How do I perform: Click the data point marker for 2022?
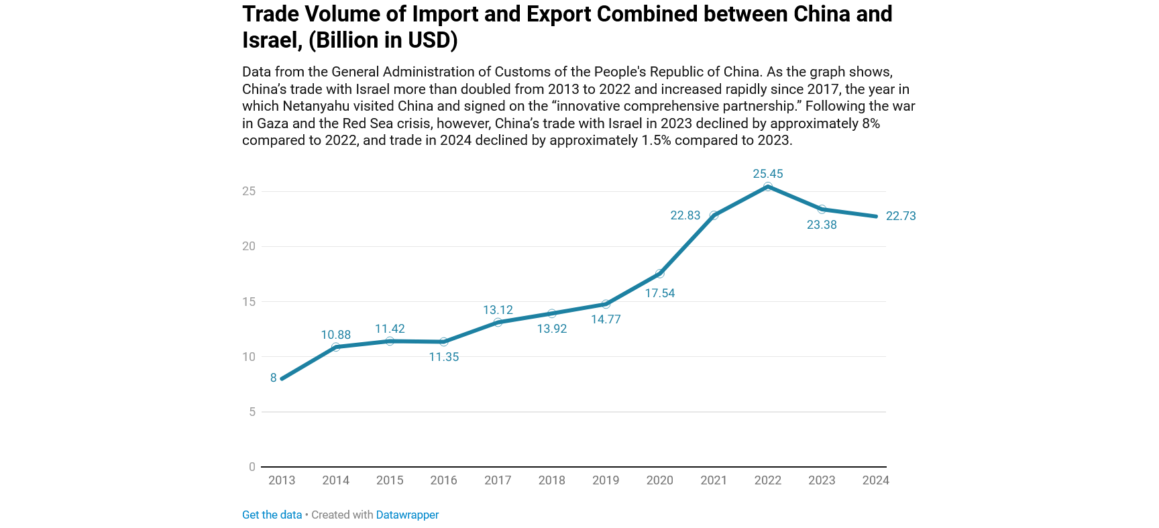click(x=768, y=187)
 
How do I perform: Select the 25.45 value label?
click(x=768, y=174)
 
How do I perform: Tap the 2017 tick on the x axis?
click(x=498, y=480)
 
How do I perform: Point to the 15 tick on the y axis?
click(x=249, y=302)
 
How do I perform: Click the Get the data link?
click(x=272, y=515)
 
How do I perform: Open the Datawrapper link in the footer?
click(x=407, y=515)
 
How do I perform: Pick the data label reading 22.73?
click(x=901, y=216)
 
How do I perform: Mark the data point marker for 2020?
click(x=660, y=273)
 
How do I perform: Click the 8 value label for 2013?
click(x=274, y=378)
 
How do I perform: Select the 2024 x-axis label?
click(x=875, y=480)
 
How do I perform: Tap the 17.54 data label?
click(x=660, y=293)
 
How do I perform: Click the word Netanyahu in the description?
click(x=316, y=106)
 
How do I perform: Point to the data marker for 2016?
click(x=443, y=341)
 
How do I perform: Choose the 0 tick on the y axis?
click(x=252, y=467)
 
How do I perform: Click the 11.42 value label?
click(x=390, y=329)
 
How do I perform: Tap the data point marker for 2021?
click(x=714, y=215)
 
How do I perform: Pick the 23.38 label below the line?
click(x=822, y=225)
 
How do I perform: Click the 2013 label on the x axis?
click(x=282, y=480)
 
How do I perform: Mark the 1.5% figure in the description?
click(x=656, y=140)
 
